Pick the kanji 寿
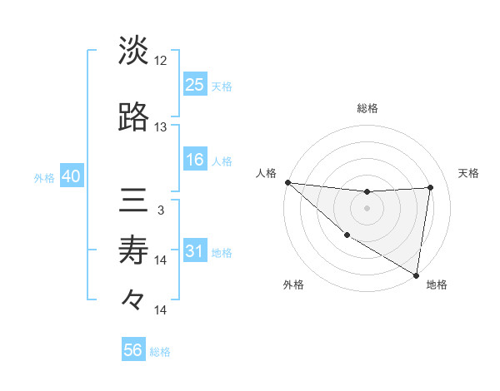coord(133,250)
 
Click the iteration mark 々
coord(133,299)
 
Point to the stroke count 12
coord(161,61)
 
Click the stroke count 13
coord(161,127)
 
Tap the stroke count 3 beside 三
coord(160,210)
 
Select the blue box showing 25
coord(195,84)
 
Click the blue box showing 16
coord(195,160)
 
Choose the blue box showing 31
coord(195,251)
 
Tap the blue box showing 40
coord(70,177)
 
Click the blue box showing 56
coord(133,350)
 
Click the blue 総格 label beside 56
coord(160,352)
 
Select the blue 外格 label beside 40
coord(44,178)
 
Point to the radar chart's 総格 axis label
coord(367,108)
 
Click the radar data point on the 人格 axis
coord(287,182)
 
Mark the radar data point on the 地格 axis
coord(416,275)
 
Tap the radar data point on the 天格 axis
coord(430,187)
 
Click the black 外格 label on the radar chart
coord(293,285)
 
